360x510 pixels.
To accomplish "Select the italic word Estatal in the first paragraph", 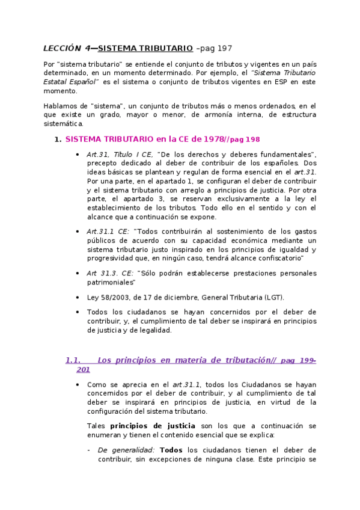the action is coord(59,81).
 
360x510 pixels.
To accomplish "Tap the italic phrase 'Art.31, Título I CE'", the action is coord(120,154).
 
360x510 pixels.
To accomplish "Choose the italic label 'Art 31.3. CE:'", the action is coord(111,272).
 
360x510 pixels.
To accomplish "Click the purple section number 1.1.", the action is coord(73,360).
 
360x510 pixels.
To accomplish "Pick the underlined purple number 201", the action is coord(83,369).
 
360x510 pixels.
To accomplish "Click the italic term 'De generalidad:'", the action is coord(126,450).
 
